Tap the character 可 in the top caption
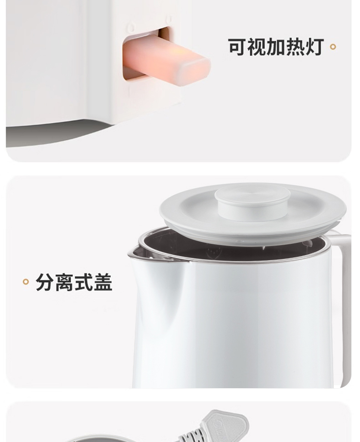point(237,47)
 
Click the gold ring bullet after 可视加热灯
point(333,47)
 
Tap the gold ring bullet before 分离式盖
point(26,282)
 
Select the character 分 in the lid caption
point(45,282)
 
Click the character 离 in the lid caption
point(64,282)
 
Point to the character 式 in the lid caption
point(83,282)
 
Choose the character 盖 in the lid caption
point(103,282)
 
